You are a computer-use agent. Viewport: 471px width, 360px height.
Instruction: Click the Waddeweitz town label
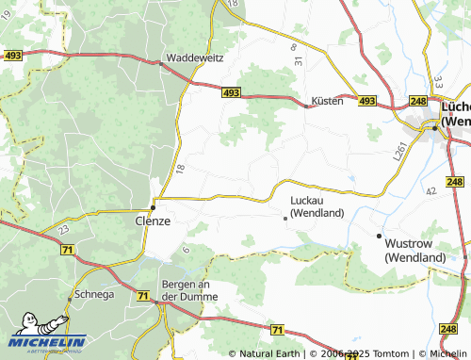pos(195,57)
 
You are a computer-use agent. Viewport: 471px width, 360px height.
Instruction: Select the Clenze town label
pos(148,221)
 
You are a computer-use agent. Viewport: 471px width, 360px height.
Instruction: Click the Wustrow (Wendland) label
pos(415,250)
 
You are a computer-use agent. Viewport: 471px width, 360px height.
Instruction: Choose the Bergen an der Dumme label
pos(190,290)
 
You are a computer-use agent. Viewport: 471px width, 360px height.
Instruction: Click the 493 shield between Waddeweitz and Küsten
pos(233,92)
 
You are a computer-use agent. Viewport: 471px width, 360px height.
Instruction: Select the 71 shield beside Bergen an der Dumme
pos(142,296)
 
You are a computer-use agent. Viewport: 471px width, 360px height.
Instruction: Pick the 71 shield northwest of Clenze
pos(67,250)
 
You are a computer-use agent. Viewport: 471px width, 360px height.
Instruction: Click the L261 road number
pos(400,150)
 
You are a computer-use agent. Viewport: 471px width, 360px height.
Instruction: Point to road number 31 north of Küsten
pos(297,61)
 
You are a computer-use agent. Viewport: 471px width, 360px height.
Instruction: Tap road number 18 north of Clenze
pos(179,168)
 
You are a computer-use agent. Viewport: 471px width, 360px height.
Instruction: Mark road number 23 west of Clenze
pos(63,228)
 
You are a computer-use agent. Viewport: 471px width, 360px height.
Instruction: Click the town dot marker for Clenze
pos(154,207)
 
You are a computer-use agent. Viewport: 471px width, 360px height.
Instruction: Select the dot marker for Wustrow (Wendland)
pos(379,236)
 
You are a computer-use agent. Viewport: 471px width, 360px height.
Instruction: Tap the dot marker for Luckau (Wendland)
pos(285,218)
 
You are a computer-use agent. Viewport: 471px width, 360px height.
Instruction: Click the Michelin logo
pos(47,344)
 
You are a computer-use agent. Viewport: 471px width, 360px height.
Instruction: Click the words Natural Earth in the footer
pos(268,353)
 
